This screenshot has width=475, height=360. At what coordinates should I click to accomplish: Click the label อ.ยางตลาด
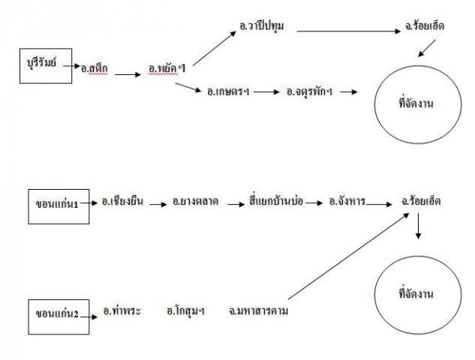click(x=195, y=202)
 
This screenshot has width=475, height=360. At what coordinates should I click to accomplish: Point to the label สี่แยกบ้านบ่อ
click(x=275, y=202)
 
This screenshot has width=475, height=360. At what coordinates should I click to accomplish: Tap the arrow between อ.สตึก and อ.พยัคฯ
click(x=128, y=74)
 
